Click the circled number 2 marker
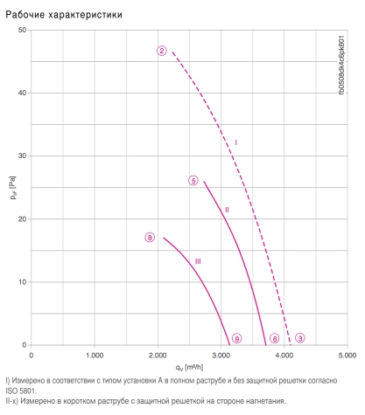(162, 51)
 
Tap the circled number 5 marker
(193, 181)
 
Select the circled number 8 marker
(150, 238)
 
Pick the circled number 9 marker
(236, 338)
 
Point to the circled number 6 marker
(274, 338)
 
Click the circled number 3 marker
(300, 338)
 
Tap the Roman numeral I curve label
(236, 142)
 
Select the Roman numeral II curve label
(227, 210)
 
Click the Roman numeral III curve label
(198, 261)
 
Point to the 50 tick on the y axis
(22, 30)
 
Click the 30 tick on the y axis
(22, 156)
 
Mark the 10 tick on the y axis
(22, 282)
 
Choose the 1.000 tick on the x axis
(95, 356)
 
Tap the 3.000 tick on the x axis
(221, 356)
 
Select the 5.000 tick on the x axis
(347, 356)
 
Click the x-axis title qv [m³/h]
(189, 367)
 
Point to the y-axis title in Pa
(12, 188)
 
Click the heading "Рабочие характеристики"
(64, 15)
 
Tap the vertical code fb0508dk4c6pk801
(341, 65)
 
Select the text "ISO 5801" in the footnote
(21, 391)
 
